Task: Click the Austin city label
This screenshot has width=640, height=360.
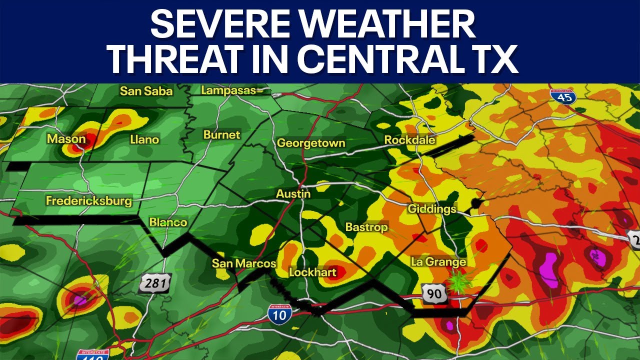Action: tap(293, 193)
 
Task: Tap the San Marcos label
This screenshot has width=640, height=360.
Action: tap(243, 263)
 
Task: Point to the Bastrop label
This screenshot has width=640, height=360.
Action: tap(366, 227)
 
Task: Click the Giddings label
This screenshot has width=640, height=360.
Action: tap(432, 208)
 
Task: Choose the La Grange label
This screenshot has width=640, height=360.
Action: tap(438, 261)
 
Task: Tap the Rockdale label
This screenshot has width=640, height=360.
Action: tap(409, 140)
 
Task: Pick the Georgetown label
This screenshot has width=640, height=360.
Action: tap(311, 143)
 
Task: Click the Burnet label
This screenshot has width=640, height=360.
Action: tap(221, 134)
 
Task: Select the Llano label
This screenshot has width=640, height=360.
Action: tap(144, 139)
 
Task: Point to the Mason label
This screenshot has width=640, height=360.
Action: tap(66, 138)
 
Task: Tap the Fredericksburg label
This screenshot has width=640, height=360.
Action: tap(88, 201)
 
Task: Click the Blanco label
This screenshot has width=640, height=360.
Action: tap(168, 222)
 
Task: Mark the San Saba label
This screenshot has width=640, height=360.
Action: tap(146, 91)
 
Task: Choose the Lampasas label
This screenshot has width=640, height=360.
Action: tap(228, 90)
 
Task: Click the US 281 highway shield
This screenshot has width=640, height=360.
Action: tap(155, 283)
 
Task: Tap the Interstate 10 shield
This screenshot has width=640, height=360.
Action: tap(280, 313)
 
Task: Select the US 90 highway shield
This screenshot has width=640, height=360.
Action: tap(434, 293)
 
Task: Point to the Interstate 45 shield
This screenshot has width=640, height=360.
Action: tap(562, 96)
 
